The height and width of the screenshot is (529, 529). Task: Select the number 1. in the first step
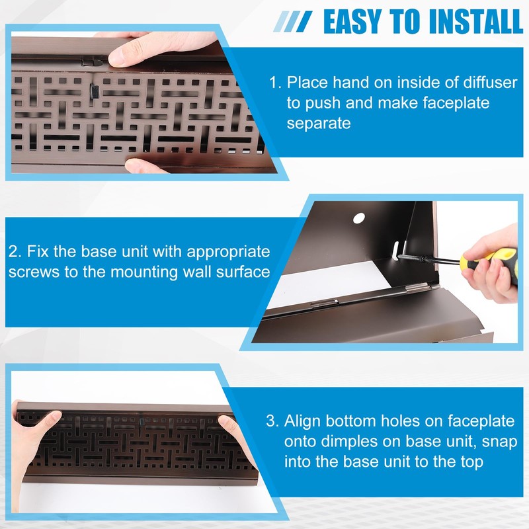274,84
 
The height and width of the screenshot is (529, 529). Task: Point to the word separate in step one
319,124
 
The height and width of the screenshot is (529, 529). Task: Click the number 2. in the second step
15,253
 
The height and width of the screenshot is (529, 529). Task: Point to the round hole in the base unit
359,217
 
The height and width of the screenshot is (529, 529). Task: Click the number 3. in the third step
272,421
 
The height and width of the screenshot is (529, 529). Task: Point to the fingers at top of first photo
129,48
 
